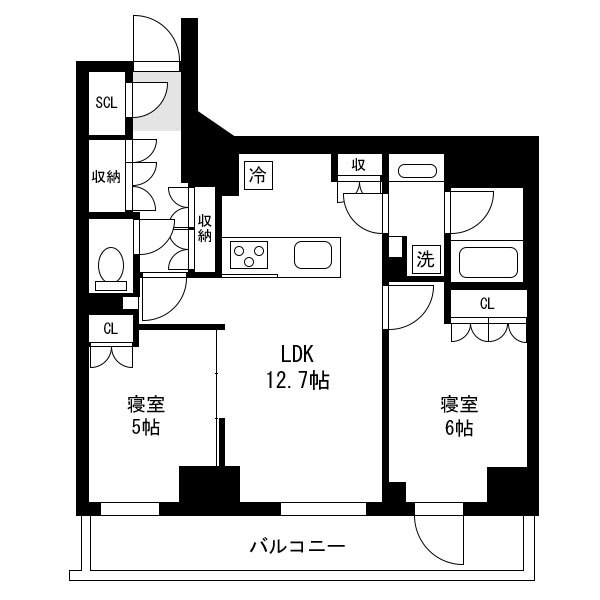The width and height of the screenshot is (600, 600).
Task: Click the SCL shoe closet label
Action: click(x=106, y=103)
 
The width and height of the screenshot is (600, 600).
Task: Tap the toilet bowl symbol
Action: click(x=111, y=269)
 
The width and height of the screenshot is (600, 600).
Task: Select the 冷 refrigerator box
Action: click(x=259, y=175)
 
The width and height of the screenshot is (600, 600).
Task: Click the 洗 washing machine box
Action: click(x=426, y=260)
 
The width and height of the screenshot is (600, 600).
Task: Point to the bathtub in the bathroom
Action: click(x=488, y=262)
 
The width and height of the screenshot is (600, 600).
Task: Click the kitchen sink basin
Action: click(x=313, y=255)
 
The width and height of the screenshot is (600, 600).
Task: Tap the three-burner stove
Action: click(x=249, y=255)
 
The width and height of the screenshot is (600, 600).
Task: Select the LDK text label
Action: click(x=297, y=354)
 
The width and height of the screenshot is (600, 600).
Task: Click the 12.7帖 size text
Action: click(x=298, y=380)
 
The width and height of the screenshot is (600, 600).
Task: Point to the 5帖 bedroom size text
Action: click(x=146, y=427)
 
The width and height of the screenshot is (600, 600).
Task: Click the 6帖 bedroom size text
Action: click(x=459, y=428)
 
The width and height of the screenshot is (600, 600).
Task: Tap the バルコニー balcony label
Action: click(x=298, y=546)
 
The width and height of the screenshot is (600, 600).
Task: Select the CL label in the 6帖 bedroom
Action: click(x=487, y=304)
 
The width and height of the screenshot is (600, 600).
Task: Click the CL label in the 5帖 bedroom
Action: click(x=111, y=329)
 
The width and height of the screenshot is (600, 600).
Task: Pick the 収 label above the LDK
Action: click(x=359, y=165)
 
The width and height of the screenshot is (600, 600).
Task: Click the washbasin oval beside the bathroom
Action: click(x=417, y=171)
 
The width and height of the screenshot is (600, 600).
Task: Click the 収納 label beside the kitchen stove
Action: click(x=205, y=228)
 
